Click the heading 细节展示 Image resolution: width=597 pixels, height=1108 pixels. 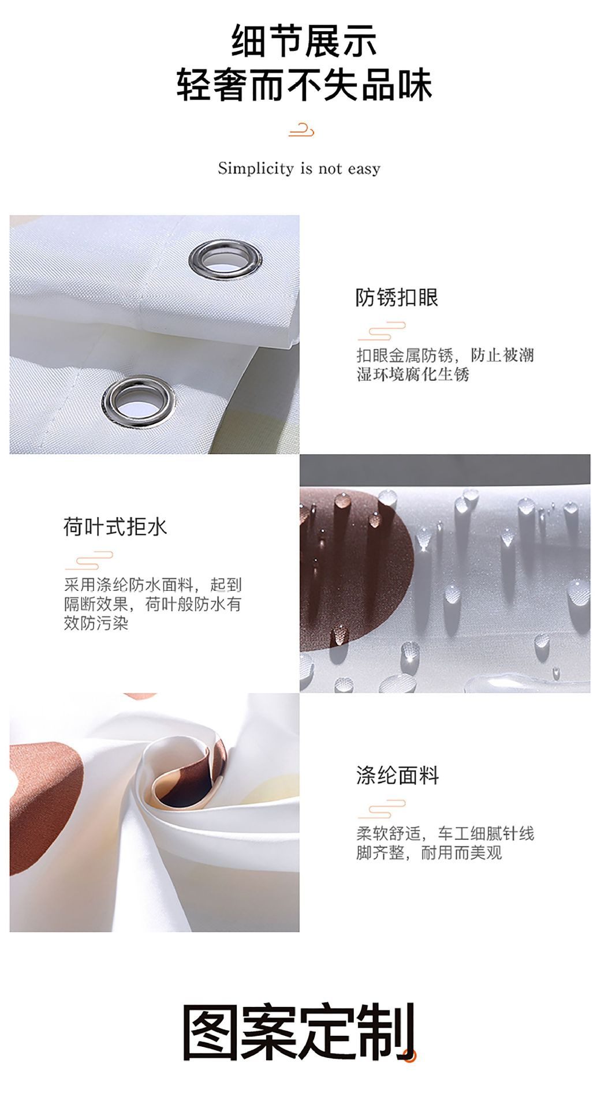304,41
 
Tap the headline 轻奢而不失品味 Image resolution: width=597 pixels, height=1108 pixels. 304,85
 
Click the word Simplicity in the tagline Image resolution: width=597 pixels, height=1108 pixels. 255,169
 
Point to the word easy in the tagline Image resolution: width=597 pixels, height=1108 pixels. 364,169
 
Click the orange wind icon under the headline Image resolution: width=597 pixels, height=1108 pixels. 301,130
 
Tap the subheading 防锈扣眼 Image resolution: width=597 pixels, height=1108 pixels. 397,297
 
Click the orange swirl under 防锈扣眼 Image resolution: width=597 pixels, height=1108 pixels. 382,331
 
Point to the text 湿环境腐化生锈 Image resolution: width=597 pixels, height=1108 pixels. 413,375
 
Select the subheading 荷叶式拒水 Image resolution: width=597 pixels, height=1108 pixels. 115,527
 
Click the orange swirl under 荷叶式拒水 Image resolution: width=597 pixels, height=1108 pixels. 89,560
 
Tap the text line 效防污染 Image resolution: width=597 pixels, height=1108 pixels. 96,623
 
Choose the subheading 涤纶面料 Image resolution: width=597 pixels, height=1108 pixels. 398,776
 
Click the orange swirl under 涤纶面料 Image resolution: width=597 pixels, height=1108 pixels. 382,809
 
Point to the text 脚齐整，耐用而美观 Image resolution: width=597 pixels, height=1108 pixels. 429,852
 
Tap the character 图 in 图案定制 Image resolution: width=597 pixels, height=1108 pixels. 212,1032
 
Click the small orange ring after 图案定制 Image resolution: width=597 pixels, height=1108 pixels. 410,1056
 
